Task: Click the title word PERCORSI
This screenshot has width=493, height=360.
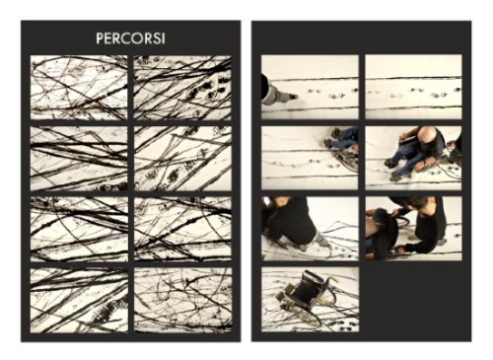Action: tap(130, 38)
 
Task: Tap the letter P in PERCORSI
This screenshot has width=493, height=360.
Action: tap(100, 38)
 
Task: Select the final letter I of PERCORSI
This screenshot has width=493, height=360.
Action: tap(163, 38)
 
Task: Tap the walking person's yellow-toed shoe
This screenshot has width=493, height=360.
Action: tap(294, 97)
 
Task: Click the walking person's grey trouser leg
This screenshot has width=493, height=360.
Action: tap(277, 95)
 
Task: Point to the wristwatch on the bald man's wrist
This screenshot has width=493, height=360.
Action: tap(426, 163)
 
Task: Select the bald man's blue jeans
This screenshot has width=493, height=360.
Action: tap(403, 160)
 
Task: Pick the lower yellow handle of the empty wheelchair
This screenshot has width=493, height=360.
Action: tap(320, 301)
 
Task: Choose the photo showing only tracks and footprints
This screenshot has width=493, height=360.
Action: tap(413, 87)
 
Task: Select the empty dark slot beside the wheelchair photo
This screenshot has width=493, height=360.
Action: tap(413, 299)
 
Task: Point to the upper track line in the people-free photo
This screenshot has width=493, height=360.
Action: tap(413, 78)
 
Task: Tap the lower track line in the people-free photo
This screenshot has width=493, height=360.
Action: tap(413, 108)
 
